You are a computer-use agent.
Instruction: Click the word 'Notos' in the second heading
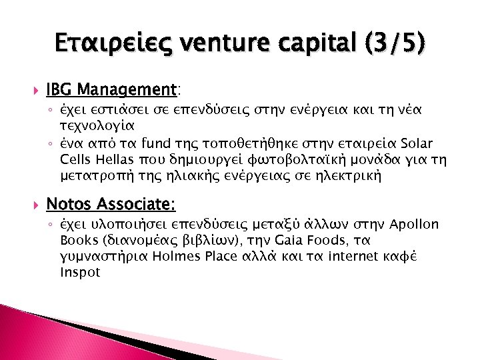click(70, 203)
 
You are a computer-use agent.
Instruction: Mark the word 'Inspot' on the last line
click(80, 272)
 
